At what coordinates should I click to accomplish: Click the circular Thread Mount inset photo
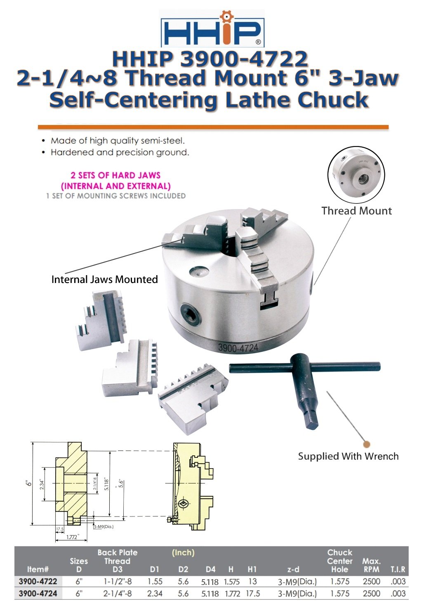click(356, 175)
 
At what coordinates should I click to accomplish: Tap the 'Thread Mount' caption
click(356, 211)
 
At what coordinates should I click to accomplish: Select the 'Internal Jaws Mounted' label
click(104, 280)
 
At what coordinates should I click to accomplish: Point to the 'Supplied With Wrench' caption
click(348, 456)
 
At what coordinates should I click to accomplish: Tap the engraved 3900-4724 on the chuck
click(238, 348)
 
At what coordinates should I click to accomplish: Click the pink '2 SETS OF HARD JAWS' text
click(115, 175)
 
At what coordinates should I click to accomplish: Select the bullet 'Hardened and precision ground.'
click(120, 153)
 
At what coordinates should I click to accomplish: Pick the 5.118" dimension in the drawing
click(106, 483)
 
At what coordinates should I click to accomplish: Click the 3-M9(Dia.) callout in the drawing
click(104, 527)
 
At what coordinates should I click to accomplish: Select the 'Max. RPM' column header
click(371, 565)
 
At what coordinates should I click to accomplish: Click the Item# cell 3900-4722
click(38, 582)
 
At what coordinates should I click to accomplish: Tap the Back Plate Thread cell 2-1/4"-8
click(117, 594)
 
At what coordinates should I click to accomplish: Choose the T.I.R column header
click(398, 570)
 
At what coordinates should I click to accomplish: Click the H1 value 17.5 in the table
click(253, 594)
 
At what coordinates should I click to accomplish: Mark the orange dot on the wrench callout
click(367, 444)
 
